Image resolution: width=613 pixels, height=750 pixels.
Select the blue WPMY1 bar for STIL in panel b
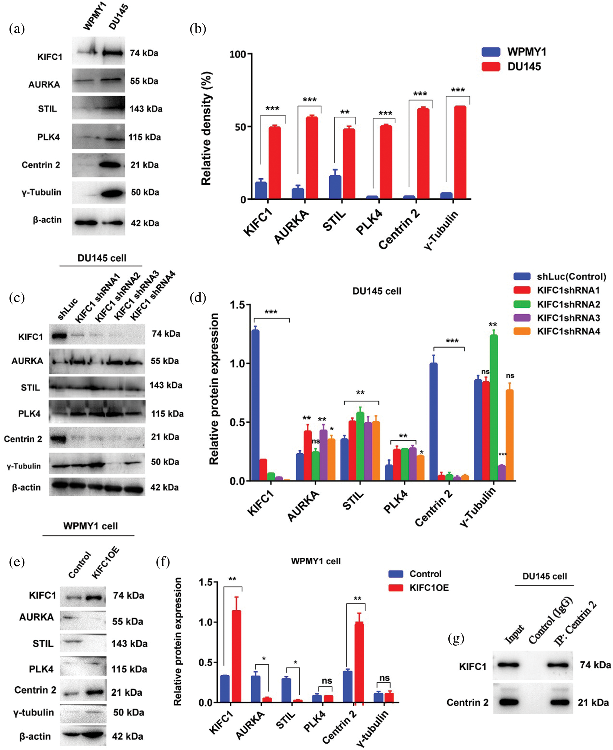coord(335,187)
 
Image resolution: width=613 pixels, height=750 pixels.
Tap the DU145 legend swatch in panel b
coord(491,67)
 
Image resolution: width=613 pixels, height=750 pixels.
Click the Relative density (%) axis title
coord(206,129)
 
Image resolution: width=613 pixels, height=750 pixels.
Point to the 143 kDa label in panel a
coord(146,109)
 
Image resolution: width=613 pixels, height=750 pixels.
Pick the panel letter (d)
coord(198,298)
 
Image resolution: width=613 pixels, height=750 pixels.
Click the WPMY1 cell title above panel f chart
coord(316,561)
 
